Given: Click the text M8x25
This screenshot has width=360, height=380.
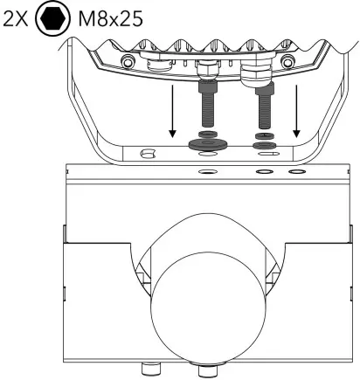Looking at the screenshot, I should [107, 19].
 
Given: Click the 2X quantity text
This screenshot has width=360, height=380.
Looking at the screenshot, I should [17, 19].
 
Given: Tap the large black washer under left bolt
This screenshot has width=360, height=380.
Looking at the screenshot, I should [209, 142].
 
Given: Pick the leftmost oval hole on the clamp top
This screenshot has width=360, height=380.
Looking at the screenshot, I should [208, 172].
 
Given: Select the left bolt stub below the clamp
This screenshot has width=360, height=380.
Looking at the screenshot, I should [149, 368].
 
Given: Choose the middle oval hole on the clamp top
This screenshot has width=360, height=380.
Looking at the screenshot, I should [263, 172].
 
